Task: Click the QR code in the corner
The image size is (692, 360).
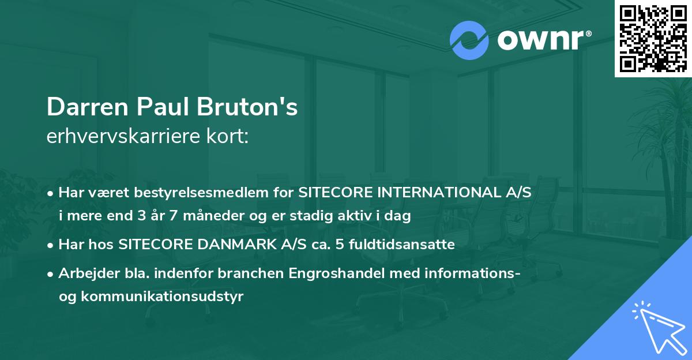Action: [x=653, y=38]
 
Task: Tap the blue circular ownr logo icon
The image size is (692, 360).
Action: [x=469, y=40]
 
